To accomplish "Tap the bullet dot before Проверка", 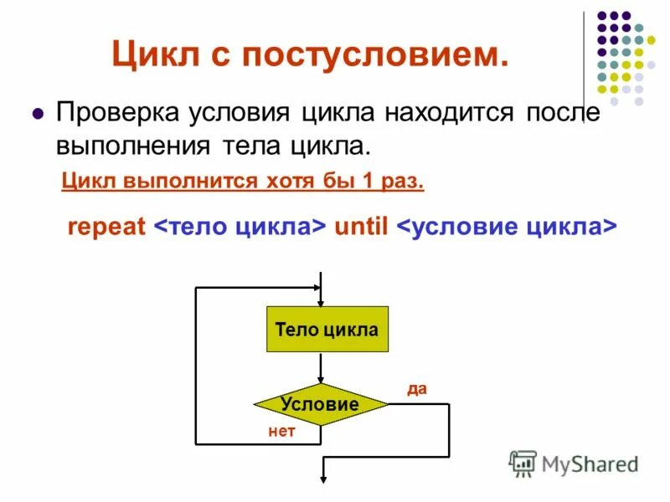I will click(37, 113).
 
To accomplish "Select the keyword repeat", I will click(106, 228).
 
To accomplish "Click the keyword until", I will click(360, 228).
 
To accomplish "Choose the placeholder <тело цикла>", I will click(240, 228).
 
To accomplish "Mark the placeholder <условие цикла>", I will click(506, 228).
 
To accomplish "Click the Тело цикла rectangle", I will click(326, 330).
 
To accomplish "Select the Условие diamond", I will click(320, 405).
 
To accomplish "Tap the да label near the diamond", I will click(416, 388).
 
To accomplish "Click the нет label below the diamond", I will click(281, 432).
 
